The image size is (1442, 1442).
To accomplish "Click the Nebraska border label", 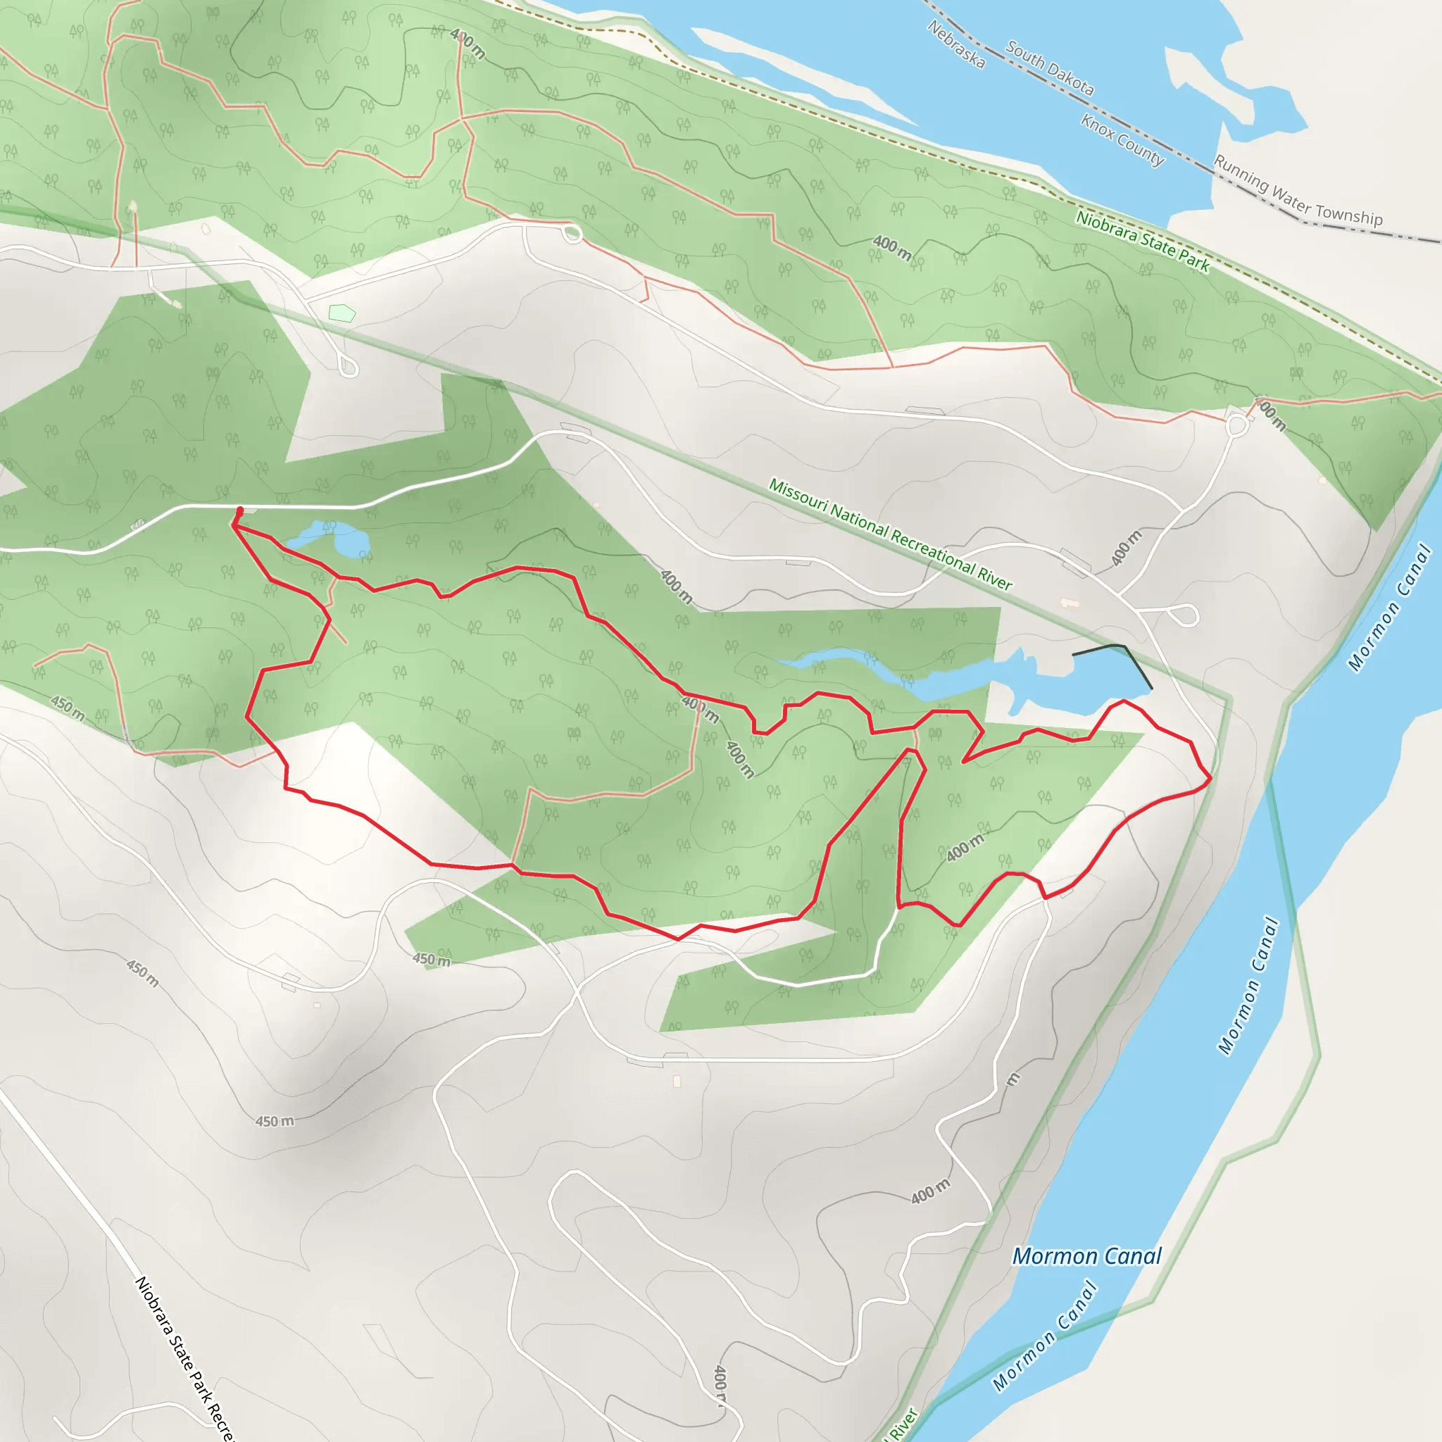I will coord(956,44).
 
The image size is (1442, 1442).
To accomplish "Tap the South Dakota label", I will coord(1049,69).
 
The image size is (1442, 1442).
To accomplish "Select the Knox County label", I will coord(1122,139).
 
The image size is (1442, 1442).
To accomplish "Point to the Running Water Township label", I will coord(1298,190).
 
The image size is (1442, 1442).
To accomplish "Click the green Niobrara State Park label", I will coord(1143,240).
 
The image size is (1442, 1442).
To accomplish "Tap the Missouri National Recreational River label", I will coord(891,534).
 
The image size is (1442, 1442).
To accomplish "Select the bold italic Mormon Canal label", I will coord(1086,1256).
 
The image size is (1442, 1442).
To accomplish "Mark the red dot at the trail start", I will coord(239,510).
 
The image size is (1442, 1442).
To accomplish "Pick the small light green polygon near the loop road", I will coord(341,313).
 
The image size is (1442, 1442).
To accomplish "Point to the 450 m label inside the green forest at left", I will coord(68,707).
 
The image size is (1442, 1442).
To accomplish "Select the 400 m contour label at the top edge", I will coord(468,43).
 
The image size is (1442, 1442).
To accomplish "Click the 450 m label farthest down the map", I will coord(275,1121).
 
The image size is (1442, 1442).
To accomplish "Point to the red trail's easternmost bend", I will coord(1210,779).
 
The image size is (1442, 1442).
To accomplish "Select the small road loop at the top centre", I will coord(572,235).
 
